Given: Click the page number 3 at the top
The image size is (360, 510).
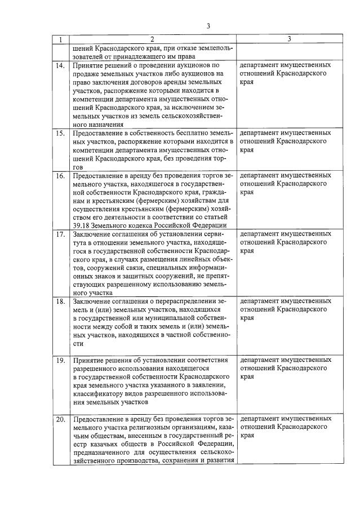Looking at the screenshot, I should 208,26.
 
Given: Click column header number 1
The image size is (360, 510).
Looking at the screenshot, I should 60,39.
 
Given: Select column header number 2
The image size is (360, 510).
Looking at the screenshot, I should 152,39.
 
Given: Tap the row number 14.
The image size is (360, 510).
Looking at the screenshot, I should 60,66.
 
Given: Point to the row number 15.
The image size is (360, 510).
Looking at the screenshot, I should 60,133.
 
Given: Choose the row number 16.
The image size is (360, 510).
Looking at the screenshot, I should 60,176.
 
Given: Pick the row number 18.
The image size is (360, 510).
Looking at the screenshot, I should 60,302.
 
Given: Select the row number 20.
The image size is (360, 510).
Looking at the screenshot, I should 60,419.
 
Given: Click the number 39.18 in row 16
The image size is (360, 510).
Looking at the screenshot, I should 82,219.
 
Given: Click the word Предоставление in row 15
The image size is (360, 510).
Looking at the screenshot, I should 99,133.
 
